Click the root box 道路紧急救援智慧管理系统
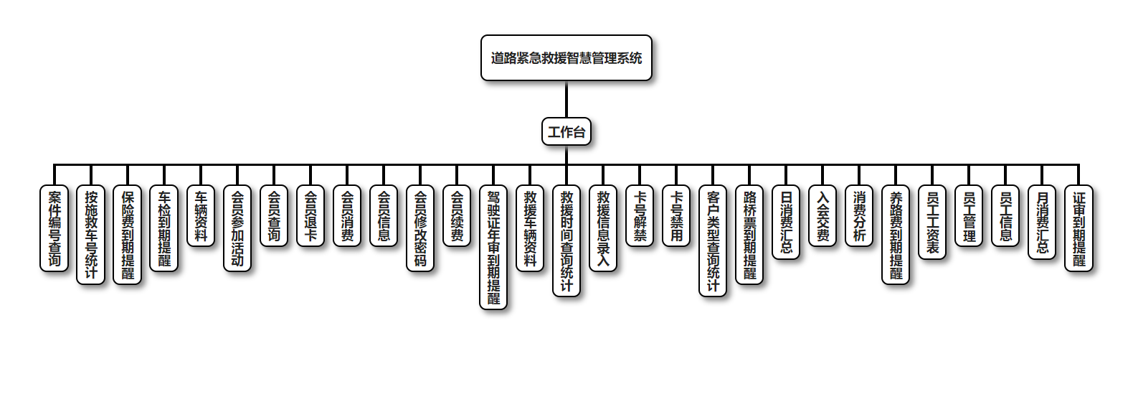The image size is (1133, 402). tap(566, 58)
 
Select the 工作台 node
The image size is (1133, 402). tap(566, 132)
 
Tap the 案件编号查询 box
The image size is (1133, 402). tap(54, 228)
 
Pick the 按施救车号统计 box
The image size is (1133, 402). tap(91, 235)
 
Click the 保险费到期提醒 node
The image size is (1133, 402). tap(128, 235)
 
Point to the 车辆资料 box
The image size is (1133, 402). tap(201, 215)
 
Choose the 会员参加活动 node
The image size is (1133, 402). tap(237, 228)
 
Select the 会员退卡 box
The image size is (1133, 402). tap(310, 215)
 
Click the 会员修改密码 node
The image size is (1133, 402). tap(420, 228)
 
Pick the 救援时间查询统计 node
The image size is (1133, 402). tap(566, 241)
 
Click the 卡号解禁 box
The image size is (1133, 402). tap(640, 215)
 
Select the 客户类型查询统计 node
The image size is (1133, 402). tap(713, 241)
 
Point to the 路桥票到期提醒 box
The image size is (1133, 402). tap(749, 235)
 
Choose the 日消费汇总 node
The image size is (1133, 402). tap(786, 222)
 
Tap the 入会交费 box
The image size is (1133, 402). tap(823, 215)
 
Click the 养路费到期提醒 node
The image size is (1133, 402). tap(896, 235)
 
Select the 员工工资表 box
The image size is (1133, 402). tap(932, 222)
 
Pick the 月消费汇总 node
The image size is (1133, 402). tap(1042, 222)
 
